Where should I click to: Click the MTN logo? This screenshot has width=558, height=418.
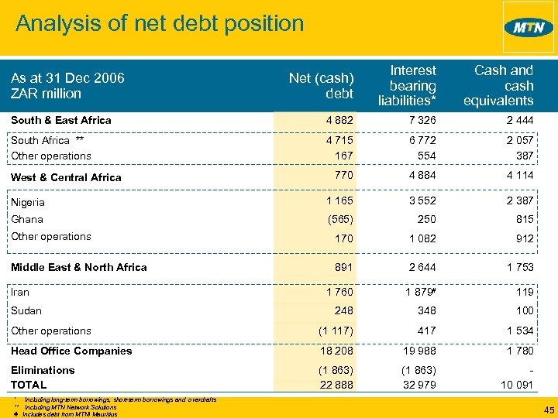pos(529,28)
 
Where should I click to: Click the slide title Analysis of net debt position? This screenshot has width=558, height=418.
pos(160,23)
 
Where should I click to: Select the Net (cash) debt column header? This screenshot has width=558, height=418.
pos(321,86)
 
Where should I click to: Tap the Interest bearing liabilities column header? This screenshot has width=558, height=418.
pos(407,86)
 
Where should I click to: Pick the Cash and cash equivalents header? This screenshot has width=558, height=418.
pos(498,86)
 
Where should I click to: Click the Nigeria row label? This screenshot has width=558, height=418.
pos(28,202)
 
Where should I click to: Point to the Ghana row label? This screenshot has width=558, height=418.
pos(27,219)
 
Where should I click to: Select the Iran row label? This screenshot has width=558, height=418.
pos(20,293)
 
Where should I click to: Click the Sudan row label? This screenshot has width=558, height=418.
pos(26,310)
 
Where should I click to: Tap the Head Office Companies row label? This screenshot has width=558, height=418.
pos(71,351)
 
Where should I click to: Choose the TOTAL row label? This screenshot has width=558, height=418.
pos(29,385)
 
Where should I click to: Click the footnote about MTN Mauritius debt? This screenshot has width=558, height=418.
pos(70,414)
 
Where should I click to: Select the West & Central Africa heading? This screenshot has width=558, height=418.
pos(66,177)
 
